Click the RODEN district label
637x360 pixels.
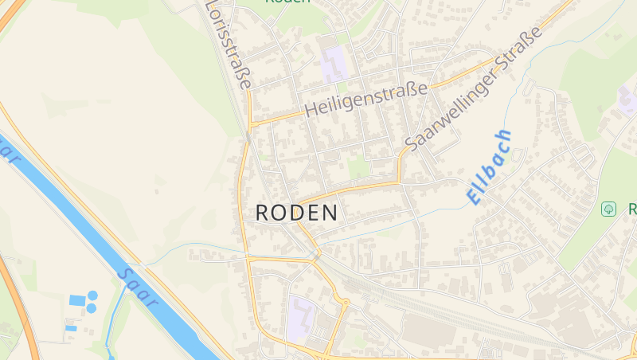pyautogui.click(x=296, y=213)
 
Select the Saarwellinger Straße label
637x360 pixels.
pyautogui.click(x=473, y=88)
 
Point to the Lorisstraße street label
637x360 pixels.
pyautogui.click(x=230, y=44)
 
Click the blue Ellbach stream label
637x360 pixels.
pyautogui.click(x=489, y=167)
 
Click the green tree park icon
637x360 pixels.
pyautogui.click(x=608, y=209)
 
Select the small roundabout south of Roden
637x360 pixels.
pyautogui.click(x=346, y=301)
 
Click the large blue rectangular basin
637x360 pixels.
pyautogui.click(x=76, y=300)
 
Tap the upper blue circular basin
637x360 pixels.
pyautogui.click(x=92, y=295)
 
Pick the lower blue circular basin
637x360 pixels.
pyautogui.click(x=91, y=307)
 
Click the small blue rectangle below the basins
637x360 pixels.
pyautogui.click(x=71, y=327)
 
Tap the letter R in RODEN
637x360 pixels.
pyautogui.click(x=263, y=213)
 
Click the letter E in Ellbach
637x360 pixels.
pyautogui.click(x=475, y=196)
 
